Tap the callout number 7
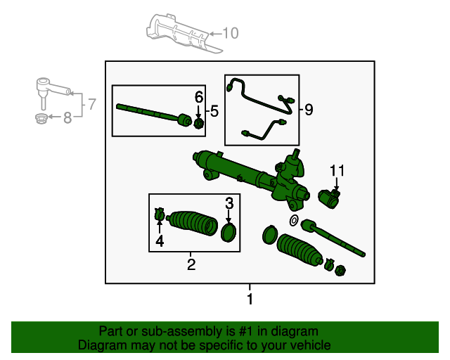(91, 105)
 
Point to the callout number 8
(67, 118)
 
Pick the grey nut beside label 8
(41, 117)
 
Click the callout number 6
(199, 96)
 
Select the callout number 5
(214, 110)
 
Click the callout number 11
(337, 171)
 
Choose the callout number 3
(229, 203)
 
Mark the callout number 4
(160, 241)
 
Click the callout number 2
(191, 264)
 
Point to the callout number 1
(249, 300)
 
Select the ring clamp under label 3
(229, 232)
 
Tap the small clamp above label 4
(160, 213)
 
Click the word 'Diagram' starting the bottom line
(98, 345)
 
